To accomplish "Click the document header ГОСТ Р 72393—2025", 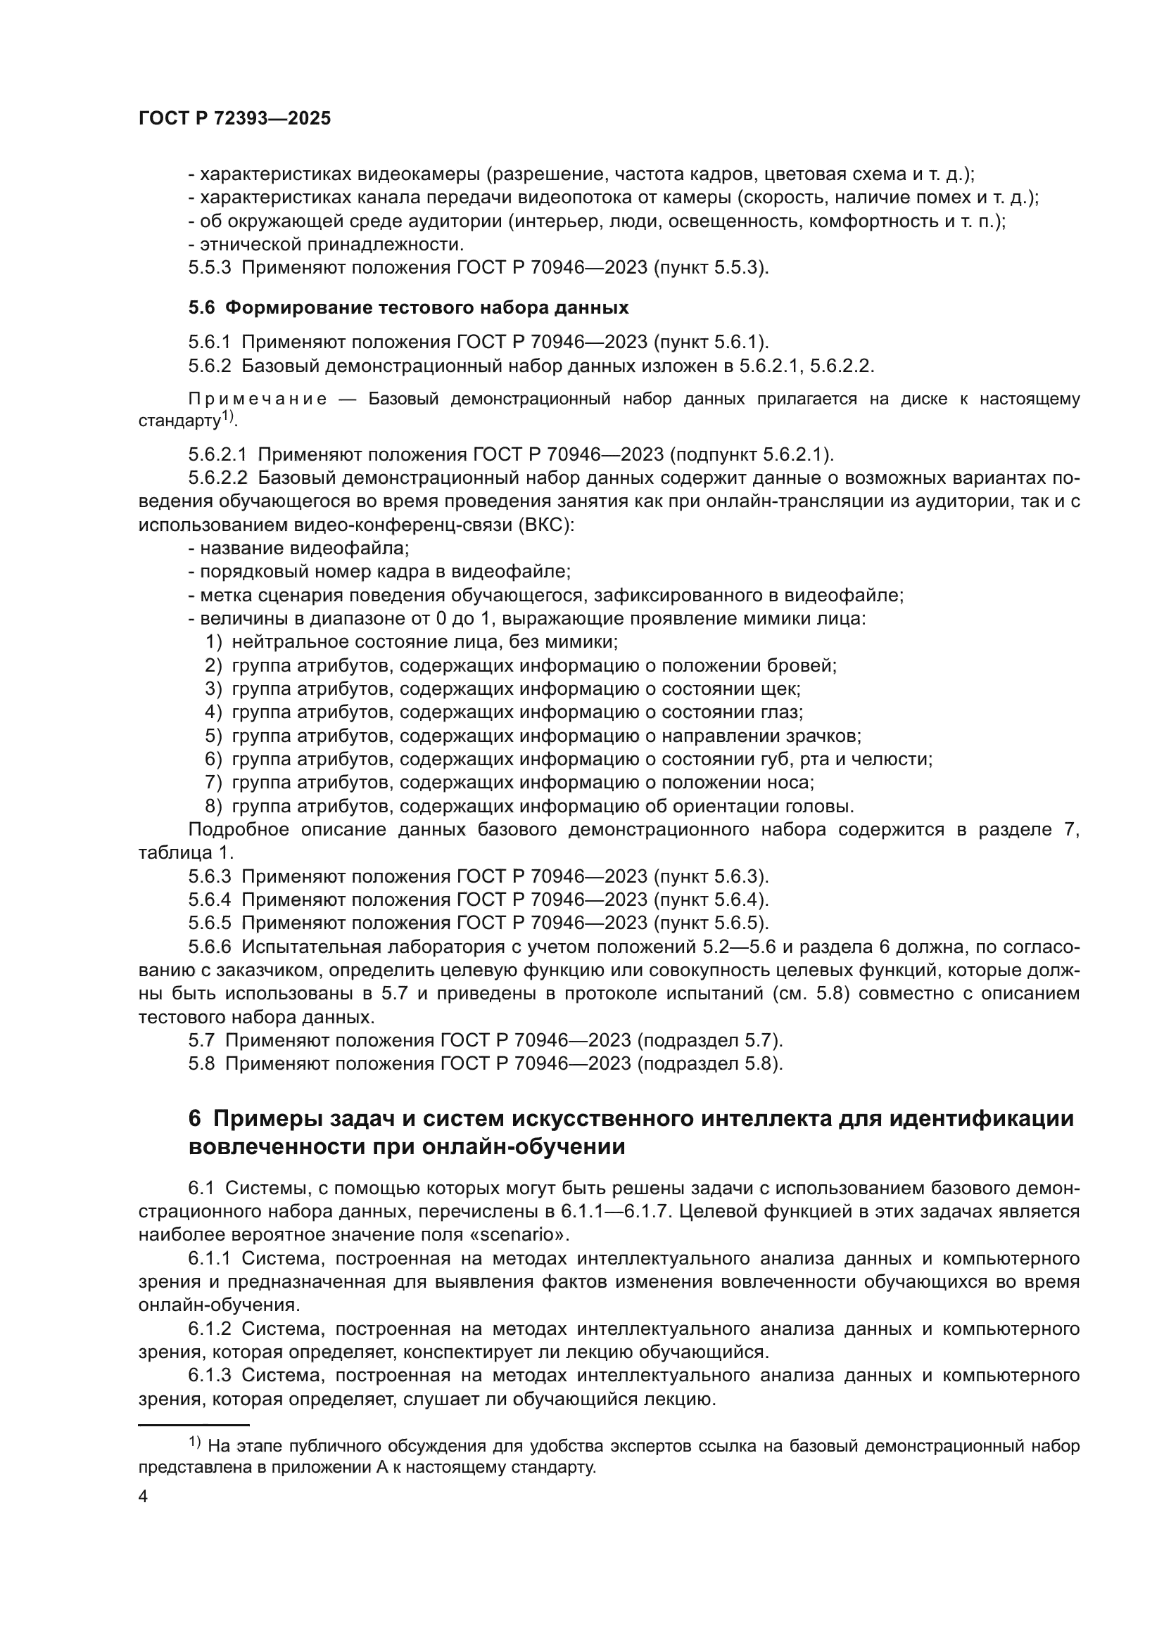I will click(234, 119).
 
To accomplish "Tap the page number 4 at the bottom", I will click(143, 1497).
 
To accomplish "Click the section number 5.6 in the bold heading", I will click(201, 308).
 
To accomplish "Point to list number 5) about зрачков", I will click(213, 736).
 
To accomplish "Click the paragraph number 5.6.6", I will click(209, 947).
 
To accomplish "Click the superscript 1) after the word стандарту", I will click(227, 416).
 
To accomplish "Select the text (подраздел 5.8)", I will click(709, 1064).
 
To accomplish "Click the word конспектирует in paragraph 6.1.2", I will click(534, 1352).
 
